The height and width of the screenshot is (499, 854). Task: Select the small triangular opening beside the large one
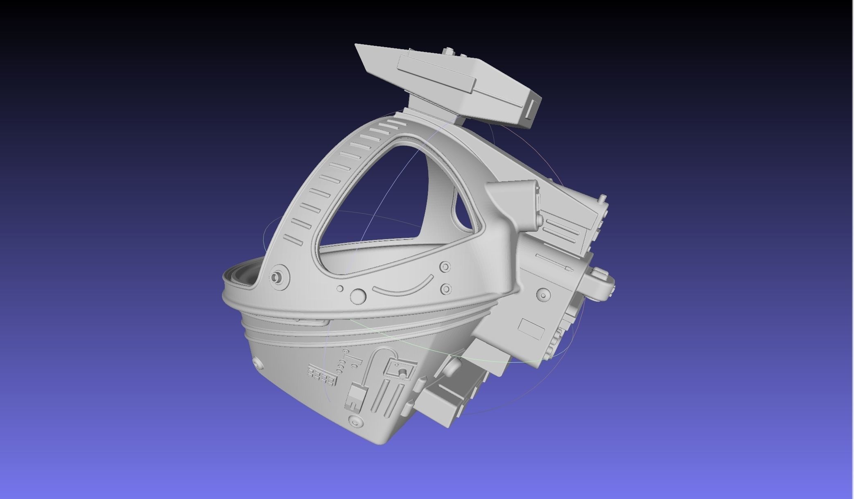467,215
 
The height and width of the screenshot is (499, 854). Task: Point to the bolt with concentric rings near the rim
278,277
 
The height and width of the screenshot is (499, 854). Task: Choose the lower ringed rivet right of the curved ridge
446,289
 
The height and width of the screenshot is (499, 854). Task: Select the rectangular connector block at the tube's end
355,397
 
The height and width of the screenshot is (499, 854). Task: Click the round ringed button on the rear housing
543,294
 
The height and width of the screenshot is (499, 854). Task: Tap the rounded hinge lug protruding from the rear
602,282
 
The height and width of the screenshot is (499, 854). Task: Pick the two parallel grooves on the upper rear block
563,227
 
